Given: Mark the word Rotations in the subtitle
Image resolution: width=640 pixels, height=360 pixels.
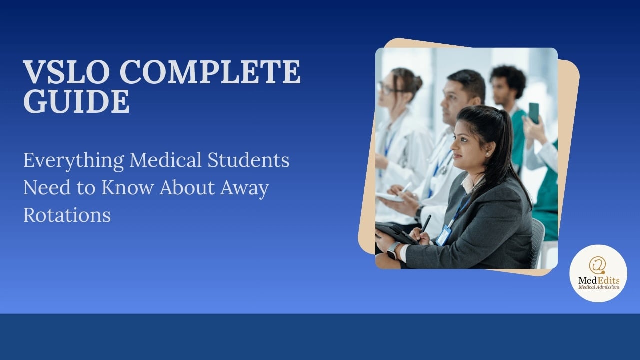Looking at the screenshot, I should (67, 215).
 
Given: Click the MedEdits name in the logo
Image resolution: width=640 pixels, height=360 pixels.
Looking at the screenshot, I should (598, 280).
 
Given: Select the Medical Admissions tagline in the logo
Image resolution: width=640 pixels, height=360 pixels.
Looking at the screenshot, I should (598, 287).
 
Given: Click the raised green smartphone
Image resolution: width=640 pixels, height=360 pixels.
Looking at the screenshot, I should (534, 113).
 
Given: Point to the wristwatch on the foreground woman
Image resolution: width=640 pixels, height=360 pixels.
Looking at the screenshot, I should (393, 249).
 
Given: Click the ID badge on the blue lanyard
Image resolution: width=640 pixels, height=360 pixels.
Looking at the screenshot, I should (443, 235).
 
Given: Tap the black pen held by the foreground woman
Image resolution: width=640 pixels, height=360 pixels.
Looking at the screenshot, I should (426, 223).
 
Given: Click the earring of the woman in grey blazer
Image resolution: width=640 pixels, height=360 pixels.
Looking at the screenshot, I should (472, 154).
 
